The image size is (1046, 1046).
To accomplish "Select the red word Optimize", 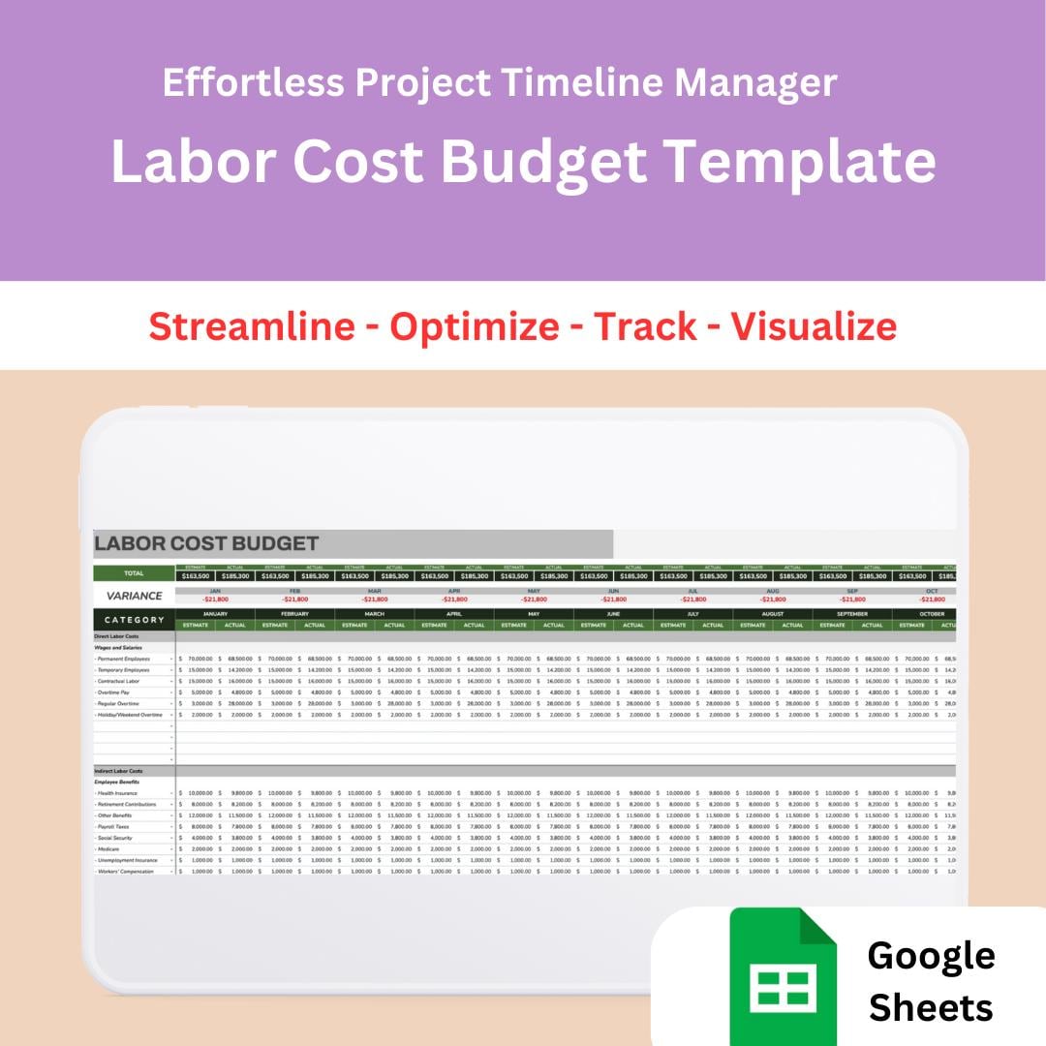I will [x=475, y=326].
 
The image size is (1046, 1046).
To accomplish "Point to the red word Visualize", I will [x=814, y=326].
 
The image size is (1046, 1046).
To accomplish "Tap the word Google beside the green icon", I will [x=931, y=955].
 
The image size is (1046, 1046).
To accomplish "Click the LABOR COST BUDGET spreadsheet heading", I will [x=206, y=543].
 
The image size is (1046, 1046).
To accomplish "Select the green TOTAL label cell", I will [x=134, y=573].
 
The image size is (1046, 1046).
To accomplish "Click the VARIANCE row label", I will [x=134, y=596].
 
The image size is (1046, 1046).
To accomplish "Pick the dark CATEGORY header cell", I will [x=134, y=620].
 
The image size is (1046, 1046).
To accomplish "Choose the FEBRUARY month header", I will [x=294, y=614].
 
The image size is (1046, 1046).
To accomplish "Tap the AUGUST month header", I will [x=772, y=614].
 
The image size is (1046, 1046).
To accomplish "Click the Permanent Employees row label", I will [x=123, y=659].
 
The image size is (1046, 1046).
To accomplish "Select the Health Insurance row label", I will [x=117, y=793].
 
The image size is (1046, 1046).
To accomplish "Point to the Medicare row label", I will [x=108, y=849].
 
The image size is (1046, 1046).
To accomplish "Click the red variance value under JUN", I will [x=613, y=600].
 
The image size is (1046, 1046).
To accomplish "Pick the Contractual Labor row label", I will [x=120, y=681].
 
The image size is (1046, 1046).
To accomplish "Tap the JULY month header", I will [x=692, y=614].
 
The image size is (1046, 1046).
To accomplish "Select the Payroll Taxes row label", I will [x=113, y=827].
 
